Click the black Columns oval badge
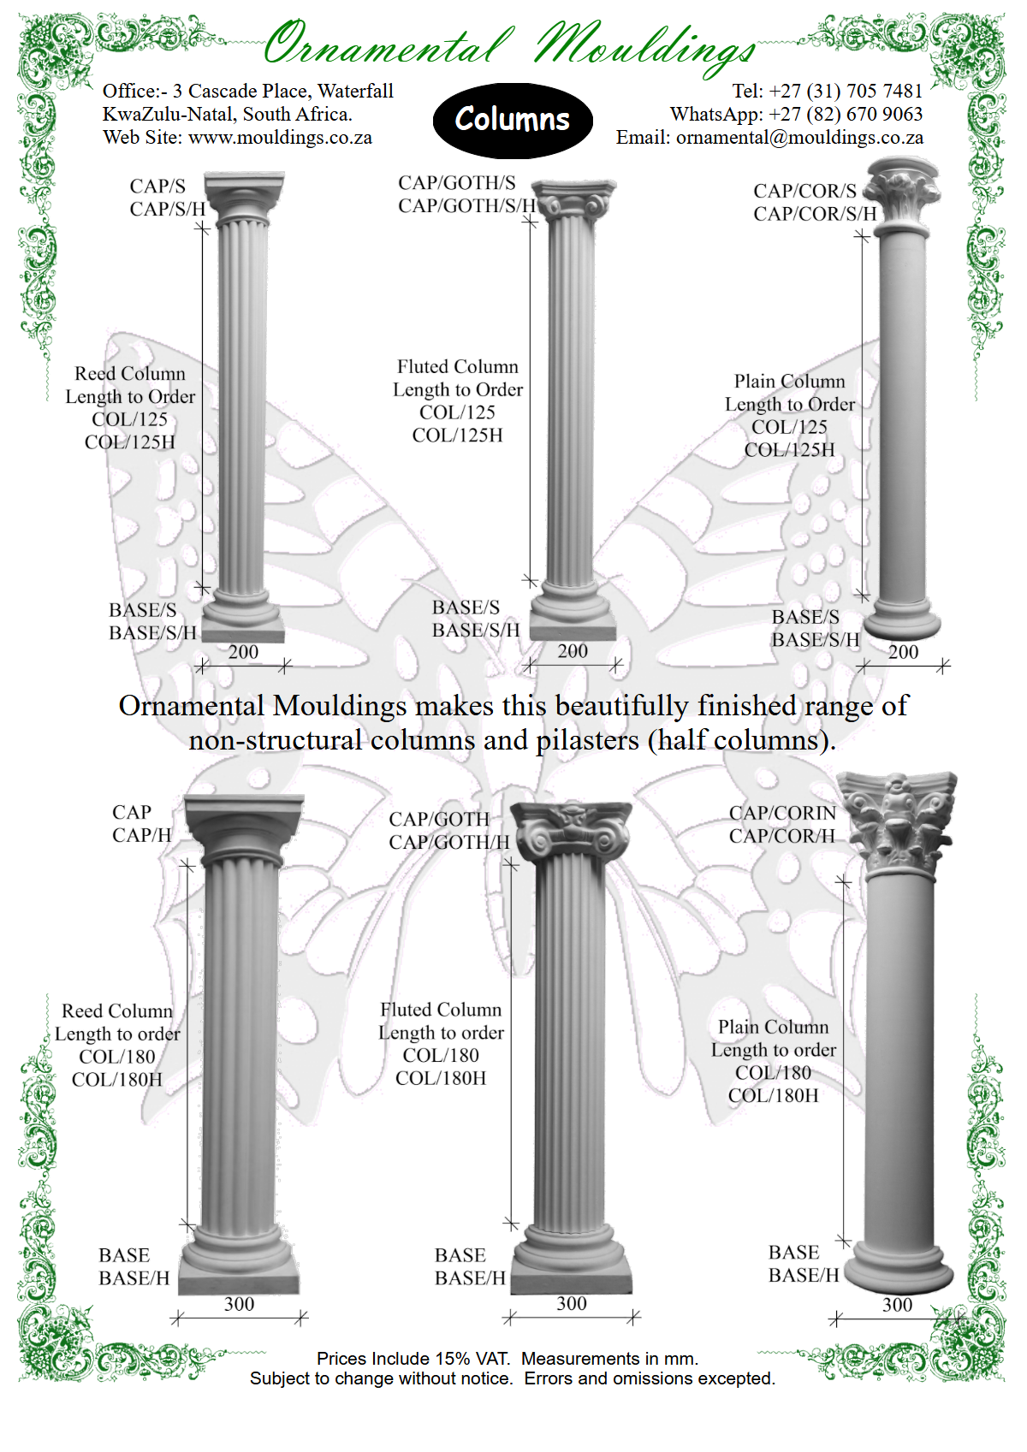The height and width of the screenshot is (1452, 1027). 512,121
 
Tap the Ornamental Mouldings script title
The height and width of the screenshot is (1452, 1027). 510,44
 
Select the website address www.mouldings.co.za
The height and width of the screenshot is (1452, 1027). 280,138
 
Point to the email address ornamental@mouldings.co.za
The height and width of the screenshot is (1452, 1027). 799,138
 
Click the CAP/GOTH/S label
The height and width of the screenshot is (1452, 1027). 456,183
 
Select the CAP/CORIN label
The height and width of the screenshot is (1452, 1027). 781,813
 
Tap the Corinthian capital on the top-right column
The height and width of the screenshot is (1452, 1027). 901,194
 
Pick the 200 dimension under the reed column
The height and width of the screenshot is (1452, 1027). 243,652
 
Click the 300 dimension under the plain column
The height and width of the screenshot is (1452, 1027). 897,1305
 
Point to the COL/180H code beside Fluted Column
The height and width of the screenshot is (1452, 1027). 440,1078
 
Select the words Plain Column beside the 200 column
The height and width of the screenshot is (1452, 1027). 789,382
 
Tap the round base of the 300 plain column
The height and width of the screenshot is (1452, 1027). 899,1266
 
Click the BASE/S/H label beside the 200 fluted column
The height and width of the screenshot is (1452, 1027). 475,631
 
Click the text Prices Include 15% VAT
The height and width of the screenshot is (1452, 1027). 413,1359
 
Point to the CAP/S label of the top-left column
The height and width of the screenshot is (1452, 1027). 157,187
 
